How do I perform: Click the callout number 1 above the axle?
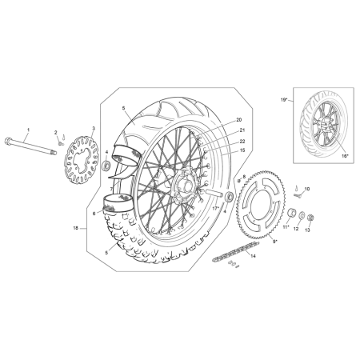tap(29, 130)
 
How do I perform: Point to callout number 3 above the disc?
tap(94, 129)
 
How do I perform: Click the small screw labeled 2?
tap(60, 143)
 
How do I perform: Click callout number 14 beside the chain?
tap(253, 256)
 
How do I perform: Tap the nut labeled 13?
tap(310, 218)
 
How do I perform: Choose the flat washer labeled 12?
tap(302, 215)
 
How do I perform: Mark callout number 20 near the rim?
tap(239, 120)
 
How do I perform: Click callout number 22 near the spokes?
tap(242, 142)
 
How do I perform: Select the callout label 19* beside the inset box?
tap(284, 100)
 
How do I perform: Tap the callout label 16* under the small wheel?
tap(345, 155)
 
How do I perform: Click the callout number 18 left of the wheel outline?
tap(76, 228)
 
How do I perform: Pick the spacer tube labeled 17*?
tap(214, 194)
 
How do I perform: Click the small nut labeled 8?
tap(239, 181)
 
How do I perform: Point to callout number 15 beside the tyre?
tap(242, 150)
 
